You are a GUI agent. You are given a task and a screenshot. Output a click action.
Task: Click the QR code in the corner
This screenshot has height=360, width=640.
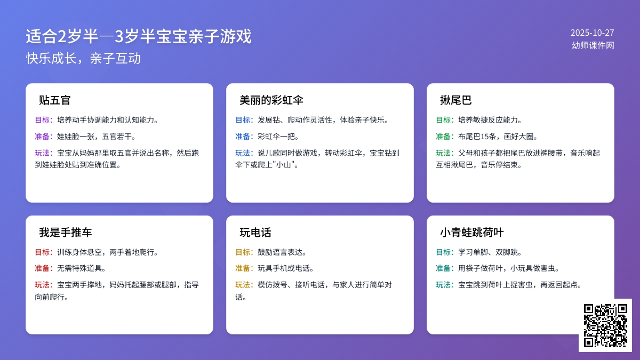point(605,325)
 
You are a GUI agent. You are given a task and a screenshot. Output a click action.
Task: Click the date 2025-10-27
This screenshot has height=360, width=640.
point(592,33)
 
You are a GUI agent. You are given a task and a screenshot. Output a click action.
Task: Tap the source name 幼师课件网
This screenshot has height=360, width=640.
point(593,46)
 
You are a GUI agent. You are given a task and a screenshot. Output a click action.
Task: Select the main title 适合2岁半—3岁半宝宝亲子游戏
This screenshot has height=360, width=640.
point(139,37)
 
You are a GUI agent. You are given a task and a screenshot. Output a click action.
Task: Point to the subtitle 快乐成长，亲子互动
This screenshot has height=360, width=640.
point(84,58)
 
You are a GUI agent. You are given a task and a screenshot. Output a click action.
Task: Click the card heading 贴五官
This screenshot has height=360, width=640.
point(55,100)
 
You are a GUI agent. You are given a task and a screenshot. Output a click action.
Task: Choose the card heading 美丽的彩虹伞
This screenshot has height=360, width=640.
point(271,100)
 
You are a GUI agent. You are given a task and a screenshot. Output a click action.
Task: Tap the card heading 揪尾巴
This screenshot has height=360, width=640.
point(456,100)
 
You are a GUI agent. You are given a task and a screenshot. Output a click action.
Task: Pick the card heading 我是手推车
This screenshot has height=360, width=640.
point(66,233)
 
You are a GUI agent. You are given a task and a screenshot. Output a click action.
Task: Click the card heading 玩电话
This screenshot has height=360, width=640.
point(255,233)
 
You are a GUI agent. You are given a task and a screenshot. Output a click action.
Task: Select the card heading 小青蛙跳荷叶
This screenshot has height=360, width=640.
point(472,233)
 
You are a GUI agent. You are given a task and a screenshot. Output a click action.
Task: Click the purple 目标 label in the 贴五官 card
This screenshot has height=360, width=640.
point(44,120)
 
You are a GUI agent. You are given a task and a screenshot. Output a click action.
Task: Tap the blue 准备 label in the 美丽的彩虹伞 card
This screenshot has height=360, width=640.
point(244,137)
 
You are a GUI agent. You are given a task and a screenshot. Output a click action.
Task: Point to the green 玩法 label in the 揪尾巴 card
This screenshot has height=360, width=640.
point(445,153)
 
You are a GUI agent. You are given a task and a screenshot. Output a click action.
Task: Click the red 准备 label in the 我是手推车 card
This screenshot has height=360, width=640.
point(44,268)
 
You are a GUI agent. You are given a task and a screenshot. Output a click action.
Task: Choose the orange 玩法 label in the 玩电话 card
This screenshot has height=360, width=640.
point(244,285)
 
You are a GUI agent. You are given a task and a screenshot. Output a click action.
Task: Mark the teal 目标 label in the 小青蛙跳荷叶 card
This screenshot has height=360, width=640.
point(445,252)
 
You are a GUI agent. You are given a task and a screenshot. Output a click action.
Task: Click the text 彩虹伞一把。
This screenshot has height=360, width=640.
point(278,137)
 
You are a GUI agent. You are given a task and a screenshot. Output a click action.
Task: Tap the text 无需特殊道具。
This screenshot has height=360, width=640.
point(82,268)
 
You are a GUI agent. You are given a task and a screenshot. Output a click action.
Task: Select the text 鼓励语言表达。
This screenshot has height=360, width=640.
point(282,252)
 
